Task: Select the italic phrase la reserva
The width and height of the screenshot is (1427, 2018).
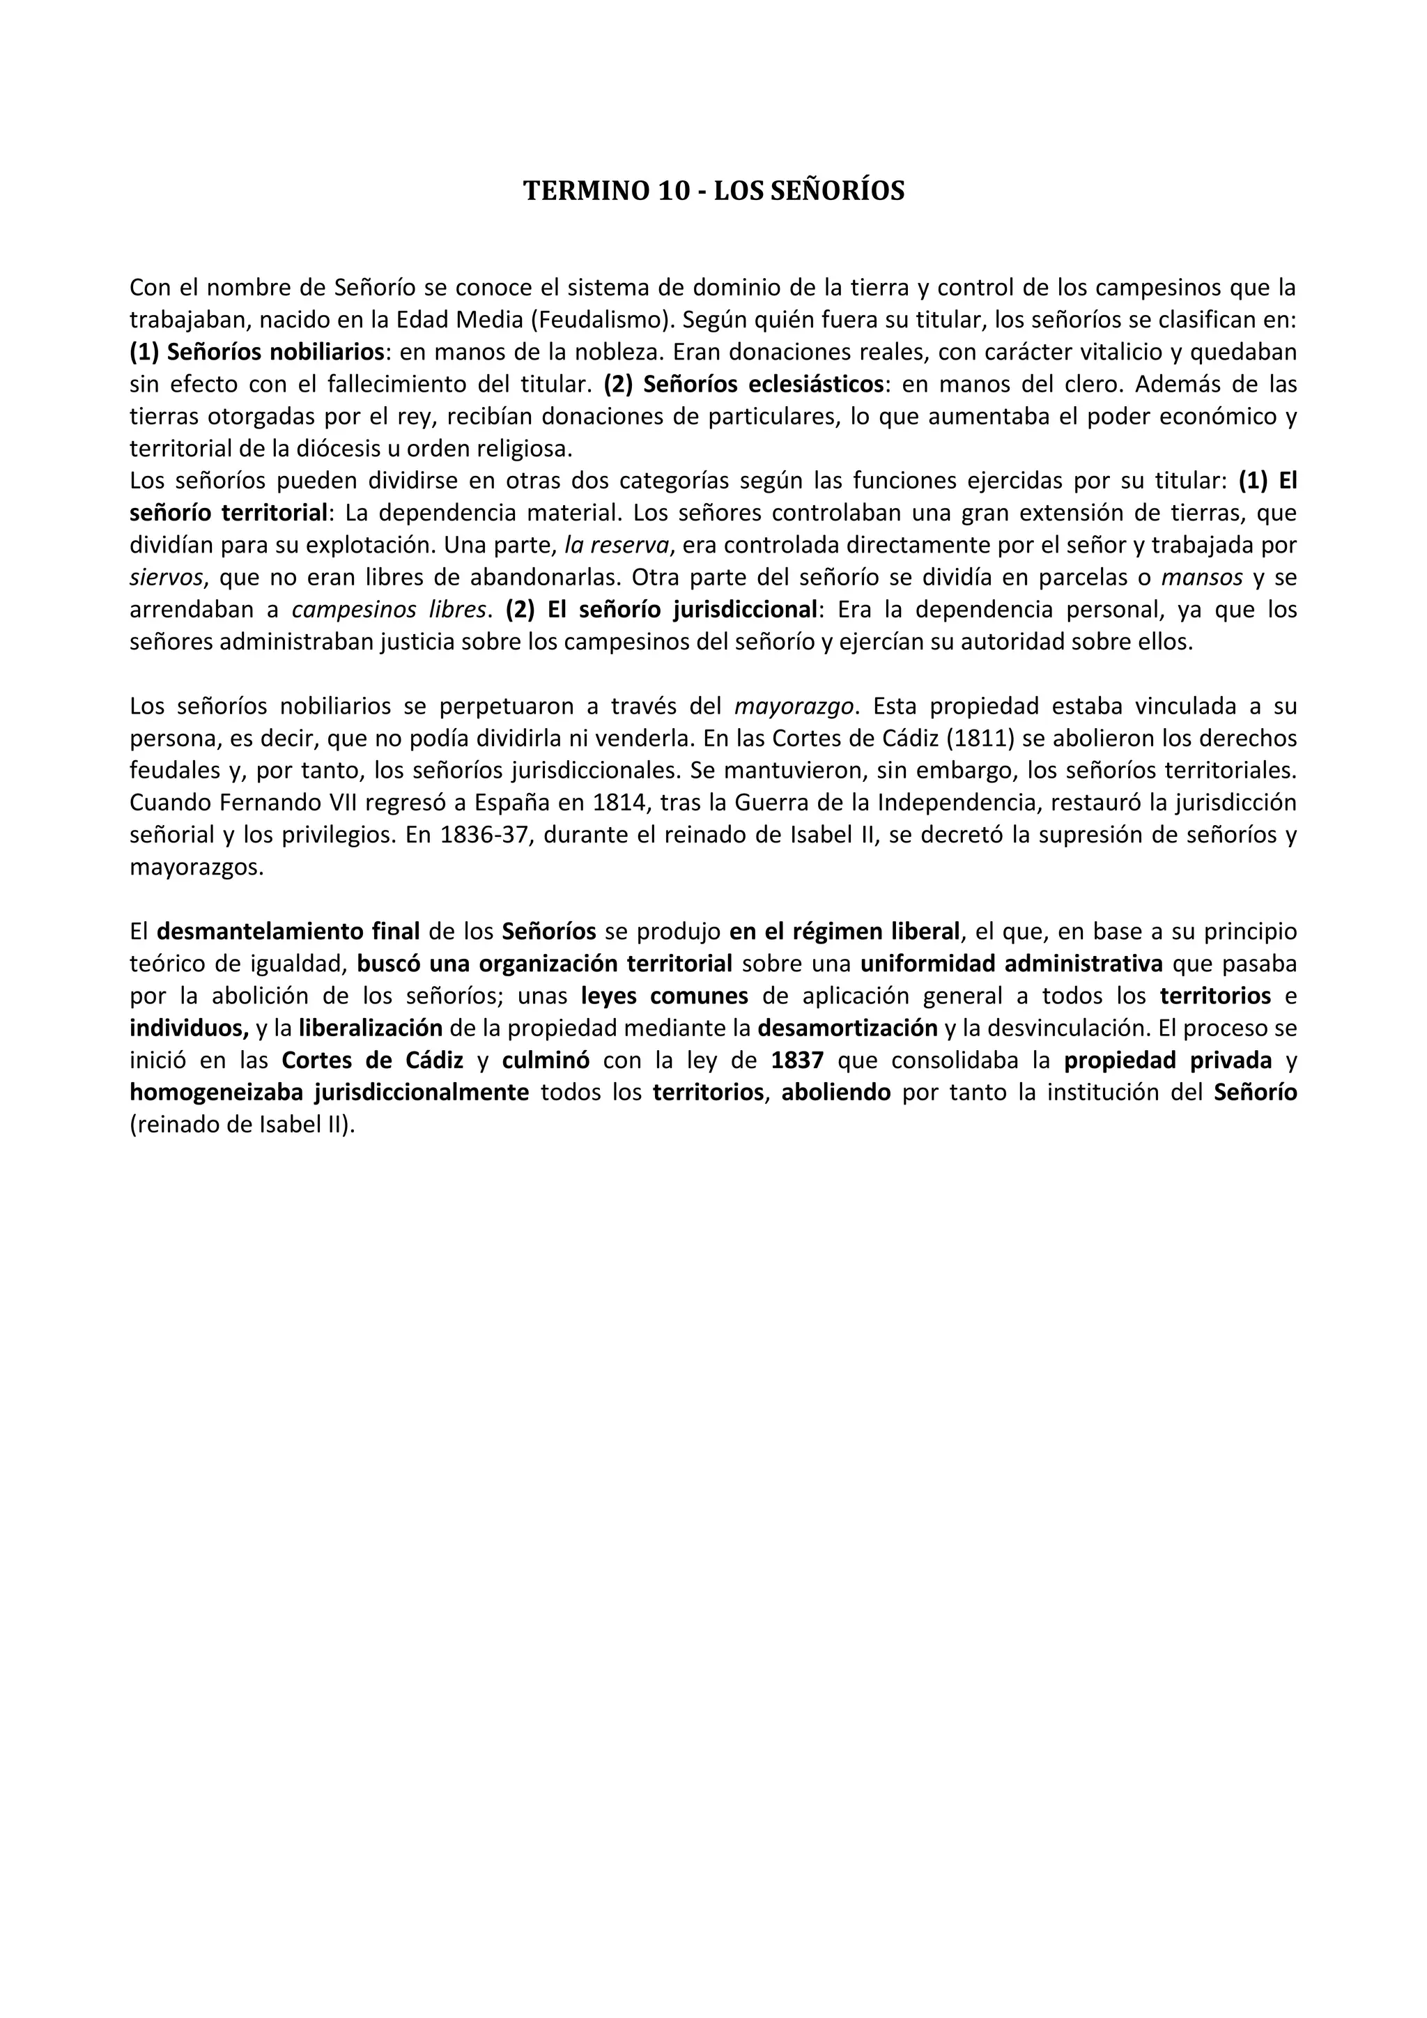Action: [617, 546]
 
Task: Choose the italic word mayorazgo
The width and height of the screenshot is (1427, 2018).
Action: [794, 707]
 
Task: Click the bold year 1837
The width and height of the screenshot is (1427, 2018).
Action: [797, 1061]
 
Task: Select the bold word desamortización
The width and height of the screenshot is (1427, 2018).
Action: [848, 1029]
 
